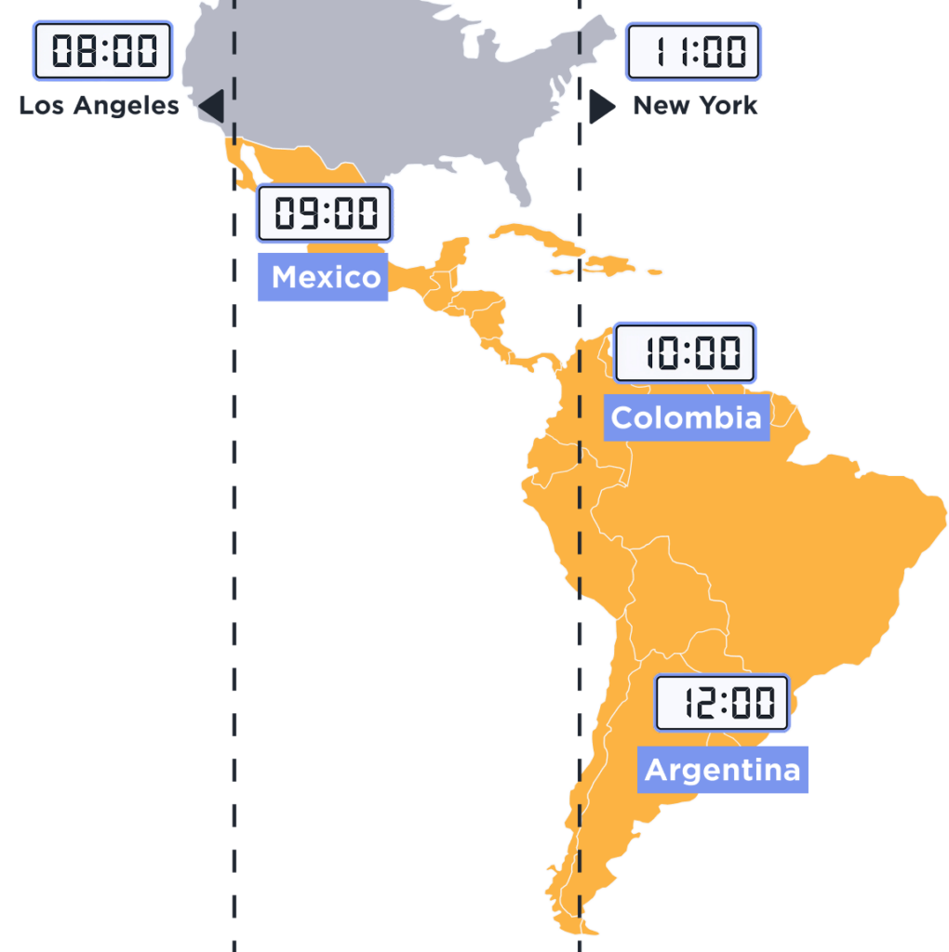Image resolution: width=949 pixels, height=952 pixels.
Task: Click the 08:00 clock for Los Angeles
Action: pos(102,50)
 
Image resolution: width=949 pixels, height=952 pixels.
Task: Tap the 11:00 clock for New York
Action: pos(693,51)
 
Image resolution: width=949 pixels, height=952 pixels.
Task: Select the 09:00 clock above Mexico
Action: pos(325,214)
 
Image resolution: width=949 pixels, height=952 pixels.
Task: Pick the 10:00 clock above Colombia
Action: pos(686,353)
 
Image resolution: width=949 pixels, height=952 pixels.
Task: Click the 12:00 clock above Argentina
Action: pos(722,703)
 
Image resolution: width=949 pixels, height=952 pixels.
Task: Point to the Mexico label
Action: pos(325,277)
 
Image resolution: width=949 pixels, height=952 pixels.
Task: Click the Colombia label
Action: pos(686,417)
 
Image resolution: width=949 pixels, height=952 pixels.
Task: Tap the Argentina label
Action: pos(722,770)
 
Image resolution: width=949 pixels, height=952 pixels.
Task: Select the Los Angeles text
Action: pos(99,106)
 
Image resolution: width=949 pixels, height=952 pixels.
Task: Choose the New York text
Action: pos(695,106)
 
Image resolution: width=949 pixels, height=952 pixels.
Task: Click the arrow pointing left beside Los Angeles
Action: pos(213,106)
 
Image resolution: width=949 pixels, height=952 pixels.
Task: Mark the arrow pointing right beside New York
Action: pos(601,107)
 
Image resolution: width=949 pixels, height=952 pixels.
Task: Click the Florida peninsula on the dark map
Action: pos(521,186)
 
